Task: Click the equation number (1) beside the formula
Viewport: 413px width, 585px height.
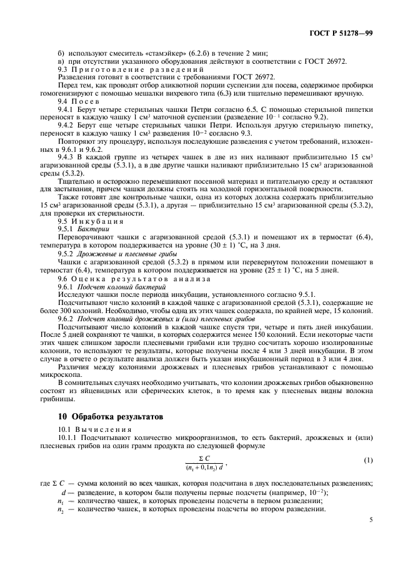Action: (368, 461)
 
